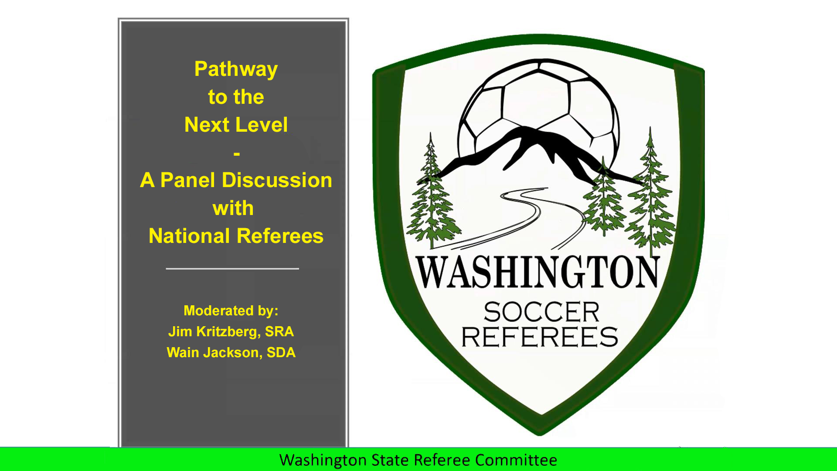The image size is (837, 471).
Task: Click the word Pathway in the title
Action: [236, 69]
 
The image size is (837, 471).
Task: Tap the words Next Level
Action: [236, 125]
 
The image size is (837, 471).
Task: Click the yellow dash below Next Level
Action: [237, 154]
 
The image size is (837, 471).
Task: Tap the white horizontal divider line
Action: [232, 269]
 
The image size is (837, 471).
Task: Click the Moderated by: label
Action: [231, 311]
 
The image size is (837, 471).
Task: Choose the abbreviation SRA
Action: [279, 331]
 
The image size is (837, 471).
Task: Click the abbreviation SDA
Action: [281, 352]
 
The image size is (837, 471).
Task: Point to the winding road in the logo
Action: [523, 218]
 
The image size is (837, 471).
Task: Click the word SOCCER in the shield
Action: [541, 312]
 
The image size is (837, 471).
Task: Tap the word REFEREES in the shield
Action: [540, 337]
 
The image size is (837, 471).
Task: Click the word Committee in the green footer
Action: [516, 460]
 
